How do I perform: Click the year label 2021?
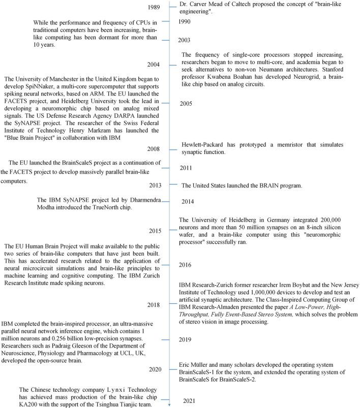[x=190, y=401]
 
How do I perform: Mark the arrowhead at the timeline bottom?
[x=168, y=404]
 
